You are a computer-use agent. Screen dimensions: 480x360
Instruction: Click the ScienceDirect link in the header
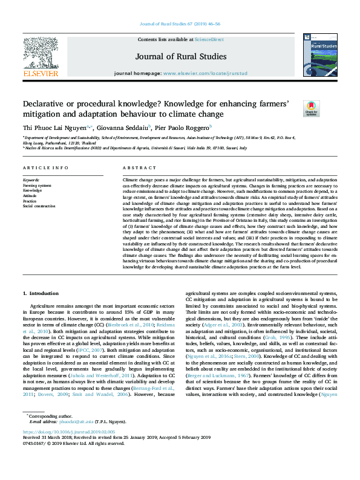(209, 39)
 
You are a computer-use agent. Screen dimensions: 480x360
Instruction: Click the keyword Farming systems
(37, 185)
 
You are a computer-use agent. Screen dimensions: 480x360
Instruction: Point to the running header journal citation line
(180, 25)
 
